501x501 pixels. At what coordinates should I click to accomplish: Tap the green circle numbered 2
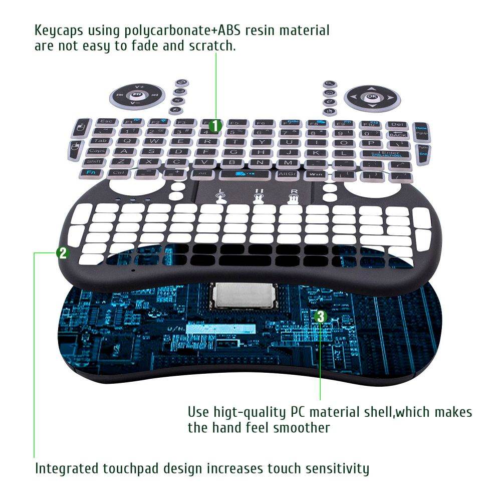click(62, 253)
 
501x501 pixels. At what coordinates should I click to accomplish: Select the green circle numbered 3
click(321, 316)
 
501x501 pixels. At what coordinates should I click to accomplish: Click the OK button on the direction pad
click(371, 96)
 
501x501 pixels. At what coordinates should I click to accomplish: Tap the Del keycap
click(397, 124)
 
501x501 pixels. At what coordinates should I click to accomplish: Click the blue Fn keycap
click(92, 172)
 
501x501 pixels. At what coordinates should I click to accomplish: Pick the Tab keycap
click(100, 141)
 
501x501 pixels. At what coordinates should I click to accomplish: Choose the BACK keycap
click(398, 133)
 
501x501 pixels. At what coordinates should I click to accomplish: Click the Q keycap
click(126, 141)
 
